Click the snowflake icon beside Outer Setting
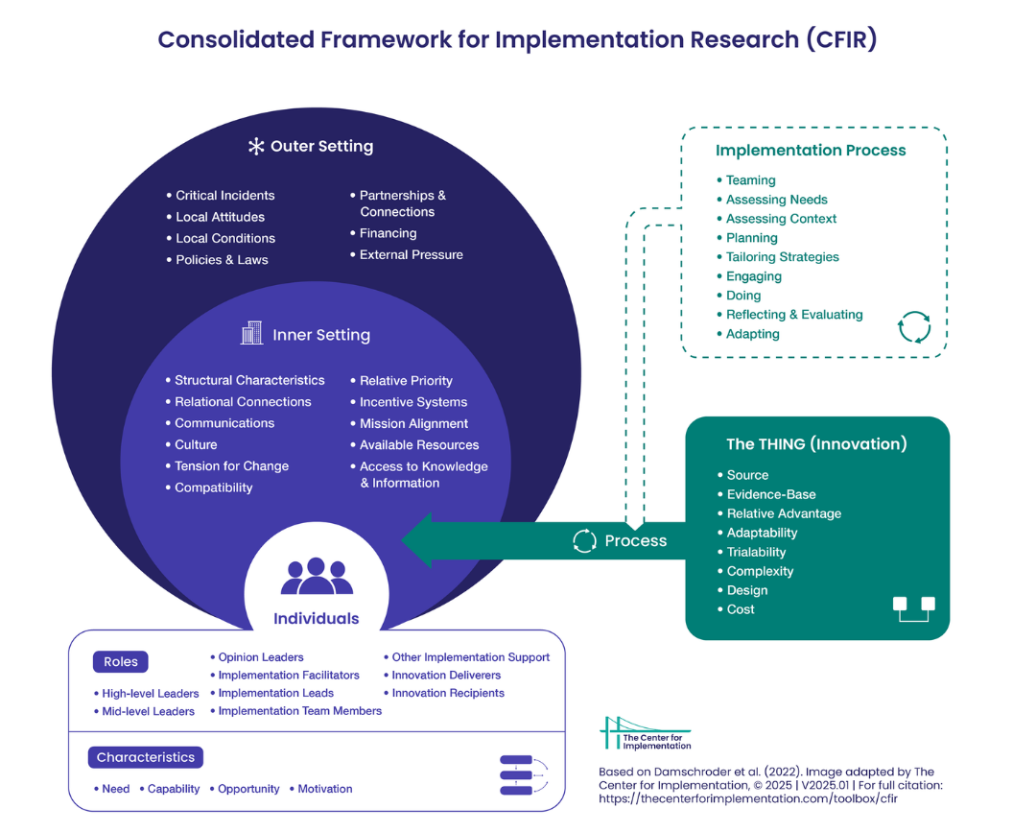coord(256,147)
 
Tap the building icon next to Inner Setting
coord(251,334)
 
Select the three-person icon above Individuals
coord(317,577)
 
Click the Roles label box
coord(121,662)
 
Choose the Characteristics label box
coord(146,757)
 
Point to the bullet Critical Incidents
coord(224,195)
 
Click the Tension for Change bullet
coord(231,466)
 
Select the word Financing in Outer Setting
coord(388,233)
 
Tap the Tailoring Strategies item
coord(782,257)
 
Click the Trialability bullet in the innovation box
coord(756,552)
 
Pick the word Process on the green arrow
coord(635,541)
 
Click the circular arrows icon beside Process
coord(584,541)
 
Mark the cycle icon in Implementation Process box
coord(913,326)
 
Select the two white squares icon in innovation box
coord(913,608)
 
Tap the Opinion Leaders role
coord(260,657)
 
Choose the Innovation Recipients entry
coord(448,693)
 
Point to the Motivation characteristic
coord(324,789)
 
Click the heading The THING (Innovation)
coord(816,444)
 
